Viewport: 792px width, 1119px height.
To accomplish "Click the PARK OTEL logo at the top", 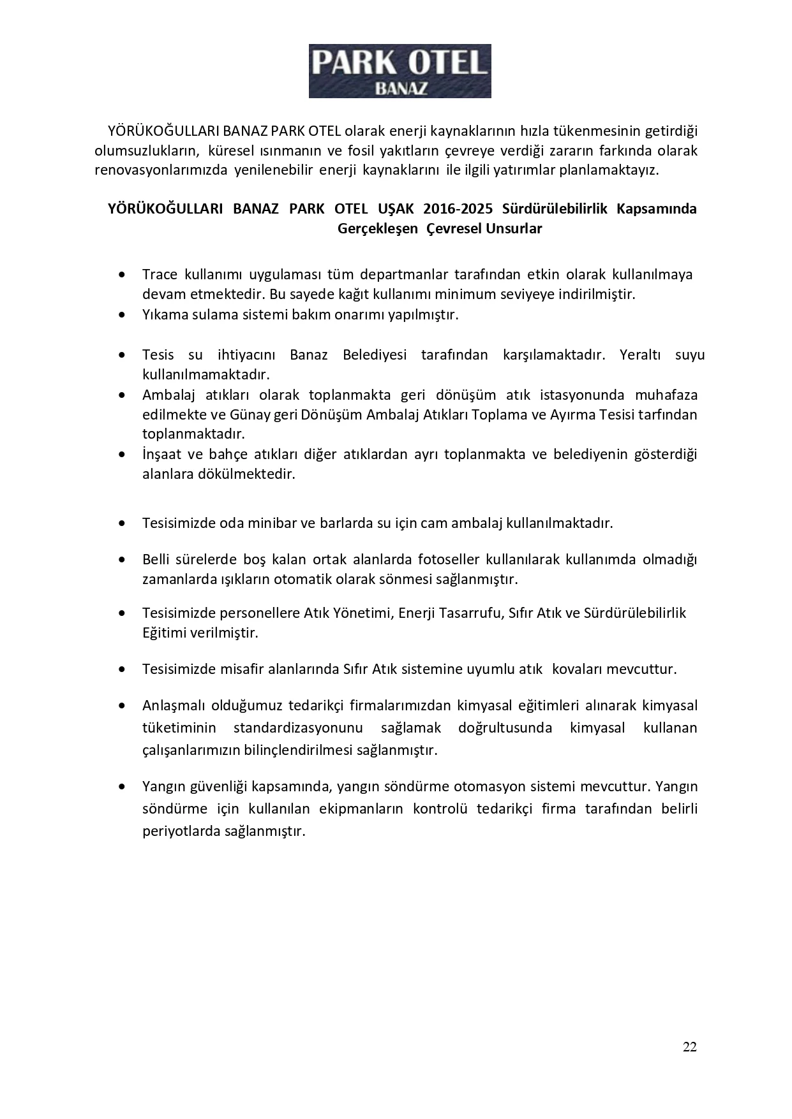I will click(x=400, y=71).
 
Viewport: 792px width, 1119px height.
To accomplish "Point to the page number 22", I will click(x=689, y=1046).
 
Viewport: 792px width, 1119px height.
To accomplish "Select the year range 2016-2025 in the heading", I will click(x=459, y=209).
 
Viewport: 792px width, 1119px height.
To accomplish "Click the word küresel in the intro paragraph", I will click(x=226, y=151).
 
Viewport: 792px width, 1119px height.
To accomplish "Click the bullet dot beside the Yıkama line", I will click(x=122, y=315).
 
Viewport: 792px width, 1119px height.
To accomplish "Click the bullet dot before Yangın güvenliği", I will click(x=122, y=787).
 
